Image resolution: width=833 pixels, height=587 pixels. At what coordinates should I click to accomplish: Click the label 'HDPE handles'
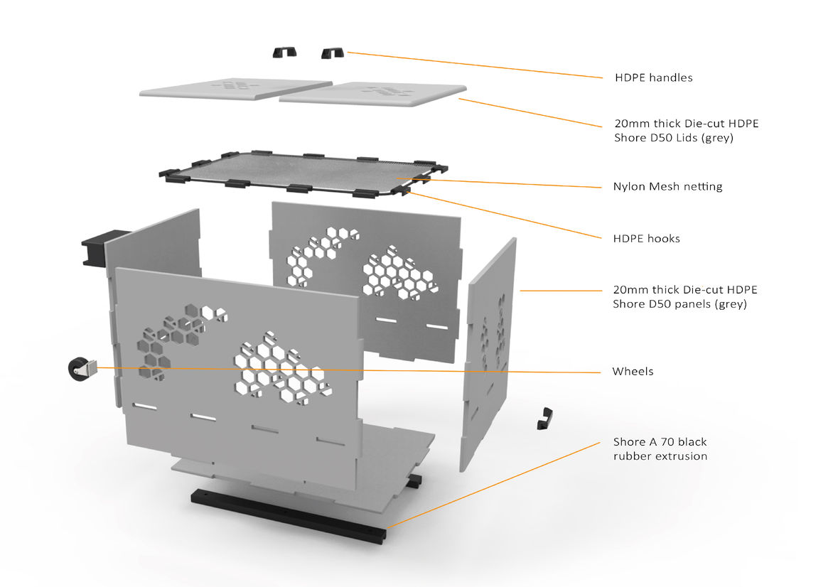653,77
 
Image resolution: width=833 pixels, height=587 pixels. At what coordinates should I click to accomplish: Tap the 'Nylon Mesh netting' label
667,187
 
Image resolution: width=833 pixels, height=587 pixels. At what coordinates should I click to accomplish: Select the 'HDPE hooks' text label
646,239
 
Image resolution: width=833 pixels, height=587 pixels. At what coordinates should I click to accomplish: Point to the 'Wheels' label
633,371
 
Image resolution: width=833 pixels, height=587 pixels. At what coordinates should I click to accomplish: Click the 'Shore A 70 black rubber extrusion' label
660,449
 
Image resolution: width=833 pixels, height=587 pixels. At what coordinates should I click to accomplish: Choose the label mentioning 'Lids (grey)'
686,131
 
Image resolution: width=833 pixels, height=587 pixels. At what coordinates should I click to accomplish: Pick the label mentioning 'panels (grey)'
684,297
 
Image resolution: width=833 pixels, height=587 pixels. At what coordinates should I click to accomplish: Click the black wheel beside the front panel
79,370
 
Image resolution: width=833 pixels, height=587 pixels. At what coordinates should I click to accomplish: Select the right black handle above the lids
333,53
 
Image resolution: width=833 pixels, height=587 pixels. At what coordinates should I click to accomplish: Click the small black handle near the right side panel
544,419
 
